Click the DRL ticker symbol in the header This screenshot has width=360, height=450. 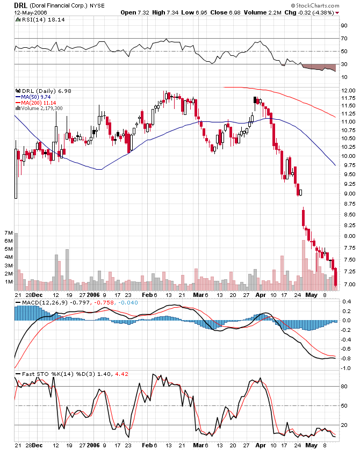coord(20,4)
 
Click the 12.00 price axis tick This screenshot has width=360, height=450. coord(348,90)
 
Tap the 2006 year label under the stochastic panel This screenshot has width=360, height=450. coord(93,445)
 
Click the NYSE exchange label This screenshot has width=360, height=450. coord(97,5)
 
